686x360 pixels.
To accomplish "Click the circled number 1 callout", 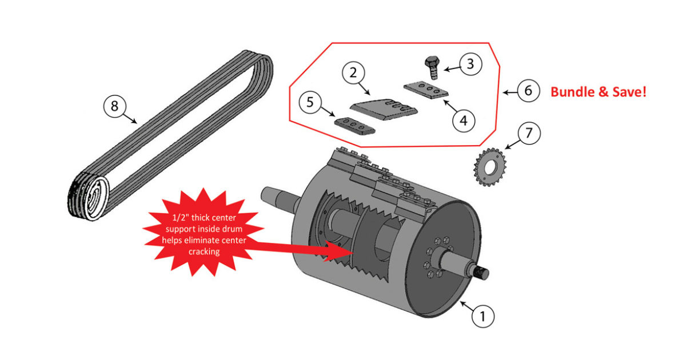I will (482, 315).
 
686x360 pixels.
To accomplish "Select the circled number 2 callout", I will (354, 73).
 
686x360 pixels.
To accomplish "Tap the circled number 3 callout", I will (470, 64).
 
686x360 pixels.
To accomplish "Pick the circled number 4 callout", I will (464, 121).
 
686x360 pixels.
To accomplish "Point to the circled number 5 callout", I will (310, 103).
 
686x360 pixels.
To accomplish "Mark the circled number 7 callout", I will (529, 134).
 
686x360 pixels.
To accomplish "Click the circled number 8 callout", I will (114, 107).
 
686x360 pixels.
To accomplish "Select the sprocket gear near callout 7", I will (487, 167).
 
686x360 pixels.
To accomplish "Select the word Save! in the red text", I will (629, 91).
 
